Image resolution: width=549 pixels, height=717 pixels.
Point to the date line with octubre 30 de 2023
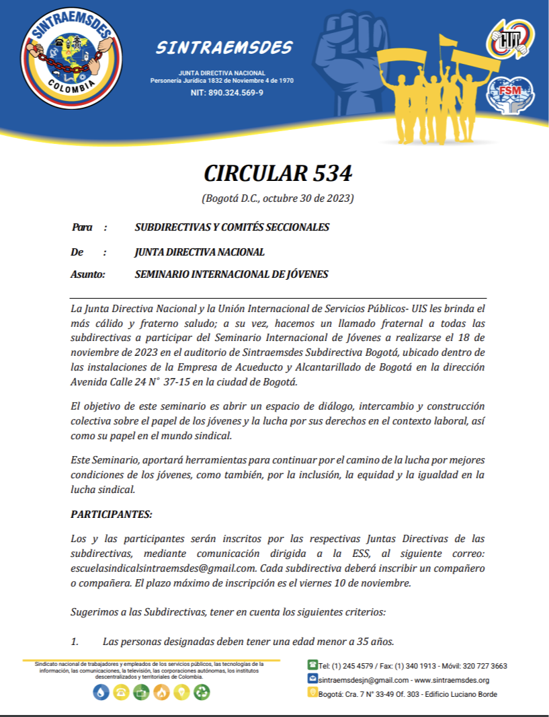[278, 198]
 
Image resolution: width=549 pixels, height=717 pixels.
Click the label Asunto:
[88, 274]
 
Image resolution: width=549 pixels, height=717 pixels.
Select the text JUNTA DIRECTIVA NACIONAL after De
[200, 252]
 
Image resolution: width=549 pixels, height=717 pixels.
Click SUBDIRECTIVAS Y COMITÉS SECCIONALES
[232, 227]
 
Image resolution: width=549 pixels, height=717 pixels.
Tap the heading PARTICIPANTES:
[112, 515]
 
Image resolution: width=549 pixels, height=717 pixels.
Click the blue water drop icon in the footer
[101, 692]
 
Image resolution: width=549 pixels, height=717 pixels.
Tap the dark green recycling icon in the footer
[202, 692]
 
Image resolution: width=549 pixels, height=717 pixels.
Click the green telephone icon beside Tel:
[312, 665]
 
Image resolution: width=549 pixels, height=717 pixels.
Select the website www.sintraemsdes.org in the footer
[452, 680]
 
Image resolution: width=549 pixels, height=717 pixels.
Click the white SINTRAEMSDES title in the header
[224, 48]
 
